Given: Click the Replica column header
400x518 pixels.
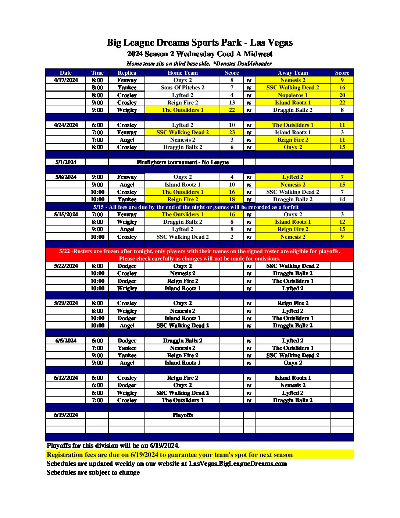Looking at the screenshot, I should click(x=127, y=73).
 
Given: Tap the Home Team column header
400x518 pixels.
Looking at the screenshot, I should click(x=182, y=73).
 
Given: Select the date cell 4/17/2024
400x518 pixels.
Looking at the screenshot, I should click(x=66, y=80).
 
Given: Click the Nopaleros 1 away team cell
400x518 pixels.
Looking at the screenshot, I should click(x=293, y=95).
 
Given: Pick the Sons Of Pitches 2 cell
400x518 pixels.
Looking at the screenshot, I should click(x=182, y=88).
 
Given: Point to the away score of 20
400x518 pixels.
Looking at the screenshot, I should click(x=342, y=95).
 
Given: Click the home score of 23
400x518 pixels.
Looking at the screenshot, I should click(x=232, y=132).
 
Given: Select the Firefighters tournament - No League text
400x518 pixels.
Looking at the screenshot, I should click(x=182, y=162).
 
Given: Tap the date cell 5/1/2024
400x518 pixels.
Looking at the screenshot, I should click(x=66, y=162).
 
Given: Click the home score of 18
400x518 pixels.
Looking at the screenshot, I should click(x=232, y=199).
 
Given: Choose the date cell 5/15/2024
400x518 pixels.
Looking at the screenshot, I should click(x=66, y=214).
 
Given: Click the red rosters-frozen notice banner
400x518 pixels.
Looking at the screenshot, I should click(x=200, y=255).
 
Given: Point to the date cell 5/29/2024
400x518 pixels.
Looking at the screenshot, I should click(x=66, y=303).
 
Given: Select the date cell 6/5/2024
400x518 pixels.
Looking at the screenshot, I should click(x=66, y=341).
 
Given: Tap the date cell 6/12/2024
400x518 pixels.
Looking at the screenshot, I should click(x=66, y=378).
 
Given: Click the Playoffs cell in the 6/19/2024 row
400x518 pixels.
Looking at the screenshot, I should click(x=182, y=415).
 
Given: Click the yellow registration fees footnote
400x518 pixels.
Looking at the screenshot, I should click(x=170, y=455).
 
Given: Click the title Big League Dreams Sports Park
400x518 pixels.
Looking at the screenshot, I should click(x=200, y=43).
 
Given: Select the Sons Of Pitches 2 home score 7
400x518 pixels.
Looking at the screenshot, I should click(x=232, y=88).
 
